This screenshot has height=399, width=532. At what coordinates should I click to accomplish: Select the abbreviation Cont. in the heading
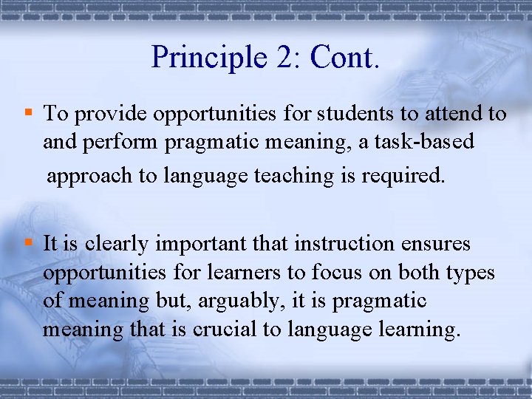[x=345, y=56]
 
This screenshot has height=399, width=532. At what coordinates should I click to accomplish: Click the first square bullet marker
[x=28, y=112]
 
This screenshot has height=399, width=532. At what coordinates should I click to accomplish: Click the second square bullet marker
[x=28, y=242]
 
